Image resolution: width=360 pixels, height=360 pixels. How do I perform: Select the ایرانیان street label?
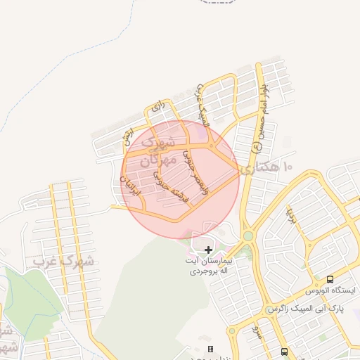(130, 184)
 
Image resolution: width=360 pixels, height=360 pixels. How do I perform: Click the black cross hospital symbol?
(208, 250)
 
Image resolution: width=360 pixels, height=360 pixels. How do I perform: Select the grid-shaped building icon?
(211, 349)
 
